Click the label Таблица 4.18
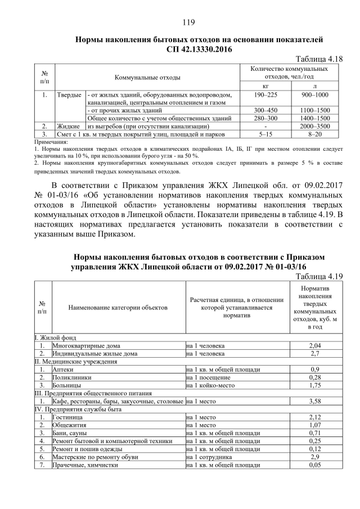coord(319,58)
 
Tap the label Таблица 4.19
coord(319,276)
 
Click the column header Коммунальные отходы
coord(148,76)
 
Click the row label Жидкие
coord(69,127)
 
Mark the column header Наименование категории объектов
coord(118,308)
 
